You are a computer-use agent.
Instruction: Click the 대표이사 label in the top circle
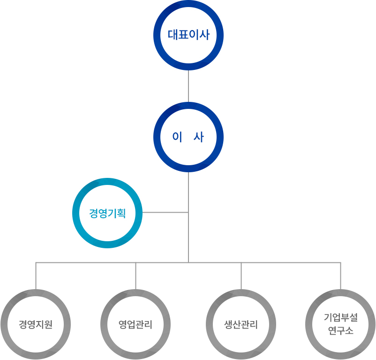pyautogui.click(x=189, y=35)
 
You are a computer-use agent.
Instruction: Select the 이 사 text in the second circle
pyautogui.click(x=188, y=137)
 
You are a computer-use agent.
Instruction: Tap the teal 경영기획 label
pyautogui.click(x=107, y=213)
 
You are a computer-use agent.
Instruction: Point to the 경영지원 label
pyautogui.click(x=36, y=324)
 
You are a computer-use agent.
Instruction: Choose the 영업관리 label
pyautogui.click(x=135, y=324)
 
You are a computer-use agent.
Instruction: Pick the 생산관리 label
pyautogui.click(x=241, y=324)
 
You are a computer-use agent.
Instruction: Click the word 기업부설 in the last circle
pyautogui.click(x=341, y=317)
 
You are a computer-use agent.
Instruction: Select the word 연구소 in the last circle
pyautogui.click(x=341, y=331)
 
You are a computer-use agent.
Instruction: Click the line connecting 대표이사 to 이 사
pyautogui.click(x=188, y=86)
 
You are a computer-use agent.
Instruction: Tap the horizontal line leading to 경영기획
pyautogui.click(x=165, y=213)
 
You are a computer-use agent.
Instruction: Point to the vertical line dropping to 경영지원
pyautogui.click(x=36, y=276)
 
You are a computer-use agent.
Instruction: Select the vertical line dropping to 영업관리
pyautogui.click(x=135, y=276)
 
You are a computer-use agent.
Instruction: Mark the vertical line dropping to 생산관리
pyautogui.click(x=241, y=276)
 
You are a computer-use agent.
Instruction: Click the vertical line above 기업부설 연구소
pyautogui.click(x=341, y=276)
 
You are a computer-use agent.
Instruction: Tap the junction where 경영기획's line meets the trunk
pyautogui.click(x=188, y=213)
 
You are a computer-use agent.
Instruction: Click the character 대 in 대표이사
pyautogui.click(x=173, y=35)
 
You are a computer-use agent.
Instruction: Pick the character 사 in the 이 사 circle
pyautogui.click(x=199, y=137)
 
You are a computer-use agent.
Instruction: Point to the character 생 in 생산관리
pyautogui.click(x=228, y=324)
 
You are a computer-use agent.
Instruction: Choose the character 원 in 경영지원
pyautogui.click(x=49, y=324)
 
